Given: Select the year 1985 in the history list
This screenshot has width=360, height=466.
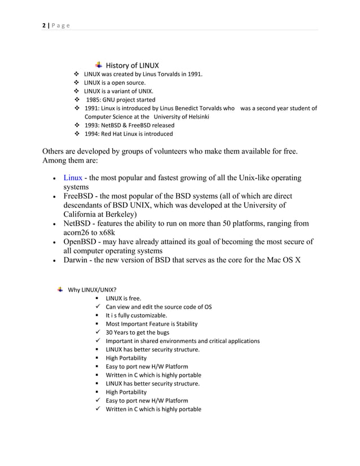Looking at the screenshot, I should [93, 99].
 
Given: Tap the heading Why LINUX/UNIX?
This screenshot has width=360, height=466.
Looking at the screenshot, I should [92, 291].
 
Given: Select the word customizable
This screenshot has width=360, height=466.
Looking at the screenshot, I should [148, 315].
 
